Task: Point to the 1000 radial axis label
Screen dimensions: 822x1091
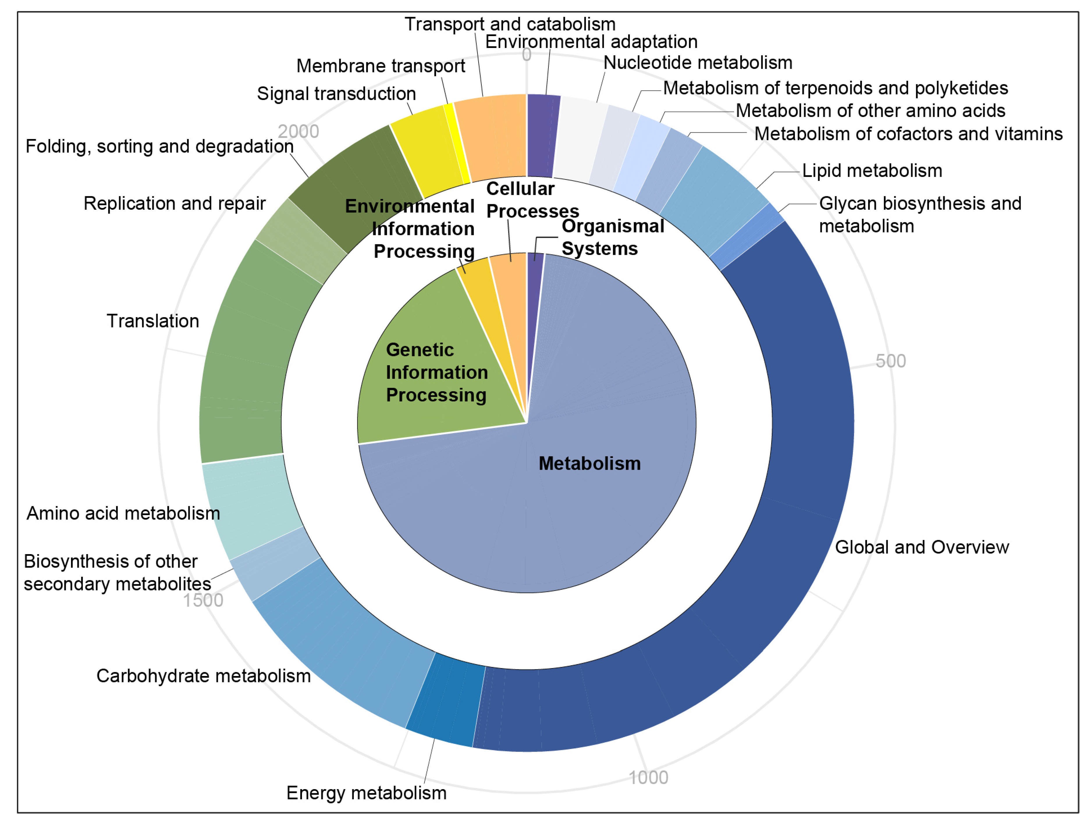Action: pos(648,777)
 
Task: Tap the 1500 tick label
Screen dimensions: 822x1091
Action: pos(203,600)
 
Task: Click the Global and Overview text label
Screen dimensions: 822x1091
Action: pos(921,547)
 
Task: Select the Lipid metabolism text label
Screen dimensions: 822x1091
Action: pos(872,171)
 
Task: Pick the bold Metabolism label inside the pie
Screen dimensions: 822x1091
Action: pos(589,464)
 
